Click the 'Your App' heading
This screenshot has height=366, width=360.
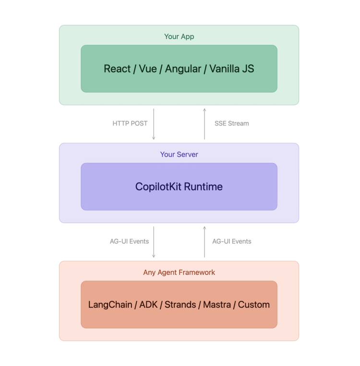[x=179, y=36]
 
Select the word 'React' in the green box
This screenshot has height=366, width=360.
[x=117, y=69]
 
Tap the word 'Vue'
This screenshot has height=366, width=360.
[x=148, y=69]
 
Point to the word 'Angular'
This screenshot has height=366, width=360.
[x=183, y=69]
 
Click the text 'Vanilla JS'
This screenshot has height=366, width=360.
[x=231, y=69]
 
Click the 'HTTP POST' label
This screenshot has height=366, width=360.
[x=130, y=123]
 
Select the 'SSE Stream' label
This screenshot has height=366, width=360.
[x=232, y=123]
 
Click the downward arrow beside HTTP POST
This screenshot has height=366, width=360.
[x=154, y=124]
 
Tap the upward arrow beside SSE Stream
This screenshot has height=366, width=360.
[x=204, y=124]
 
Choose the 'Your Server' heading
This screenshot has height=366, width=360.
[x=179, y=154]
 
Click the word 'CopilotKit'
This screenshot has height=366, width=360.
[x=158, y=187]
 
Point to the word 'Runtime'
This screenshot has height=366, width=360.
[x=203, y=187]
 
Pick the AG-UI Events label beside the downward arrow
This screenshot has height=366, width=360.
[x=129, y=241]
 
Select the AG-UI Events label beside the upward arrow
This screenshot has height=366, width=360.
[x=232, y=241]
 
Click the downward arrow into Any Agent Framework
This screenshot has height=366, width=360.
[x=154, y=242]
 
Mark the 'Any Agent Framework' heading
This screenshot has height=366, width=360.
[x=179, y=272]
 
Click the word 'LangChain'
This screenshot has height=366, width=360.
[x=110, y=305]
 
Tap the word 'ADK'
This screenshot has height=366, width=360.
[x=148, y=305]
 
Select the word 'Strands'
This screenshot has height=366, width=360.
[x=180, y=305]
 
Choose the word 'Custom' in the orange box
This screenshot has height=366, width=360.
[x=254, y=305]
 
